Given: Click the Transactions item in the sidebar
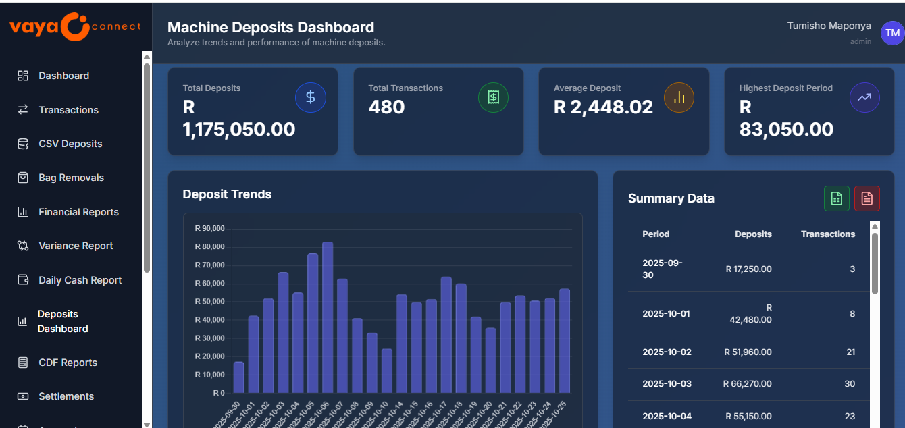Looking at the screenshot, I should click(68, 110).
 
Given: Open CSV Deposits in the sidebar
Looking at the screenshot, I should click(70, 144).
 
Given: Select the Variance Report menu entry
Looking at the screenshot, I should click(76, 246).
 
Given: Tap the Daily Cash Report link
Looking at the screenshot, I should click(80, 280).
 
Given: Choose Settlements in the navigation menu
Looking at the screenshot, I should click(66, 396).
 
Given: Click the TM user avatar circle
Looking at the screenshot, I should click(891, 32).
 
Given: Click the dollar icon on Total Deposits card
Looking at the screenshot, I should click(311, 97).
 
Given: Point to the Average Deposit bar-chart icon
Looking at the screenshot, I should click(679, 97).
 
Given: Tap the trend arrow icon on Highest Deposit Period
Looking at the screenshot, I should click(864, 97).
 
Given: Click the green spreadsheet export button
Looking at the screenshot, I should click(837, 198).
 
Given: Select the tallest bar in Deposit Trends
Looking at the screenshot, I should click(328, 317).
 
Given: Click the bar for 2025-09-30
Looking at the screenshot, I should click(238, 377).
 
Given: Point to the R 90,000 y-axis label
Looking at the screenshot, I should click(209, 228).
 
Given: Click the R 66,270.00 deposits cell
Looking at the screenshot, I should click(747, 384).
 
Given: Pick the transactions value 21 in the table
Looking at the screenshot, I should click(850, 352).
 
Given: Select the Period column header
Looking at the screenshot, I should click(656, 234).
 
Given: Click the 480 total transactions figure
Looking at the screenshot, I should click(387, 107).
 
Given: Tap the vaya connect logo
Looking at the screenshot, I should click(75, 26).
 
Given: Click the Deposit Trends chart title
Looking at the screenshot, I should click(227, 194).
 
